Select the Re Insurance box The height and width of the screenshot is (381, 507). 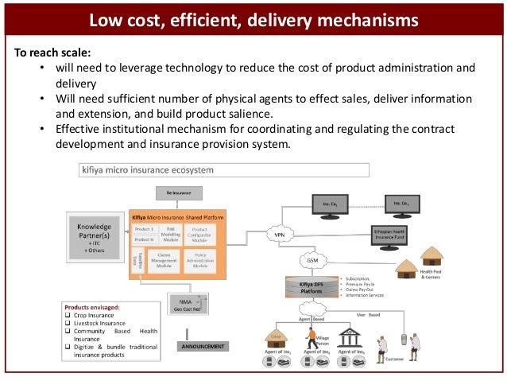pyautogui.click(x=179, y=193)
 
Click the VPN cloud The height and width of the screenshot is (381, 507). pyautogui.click(x=280, y=235)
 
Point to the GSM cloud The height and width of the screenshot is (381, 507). pyautogui.click(x=311, y=261)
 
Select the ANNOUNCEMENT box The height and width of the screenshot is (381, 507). pyautogui.click(x=202, y=346)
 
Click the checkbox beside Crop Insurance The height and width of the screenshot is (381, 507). pyautogui.click(x=68, y=315)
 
